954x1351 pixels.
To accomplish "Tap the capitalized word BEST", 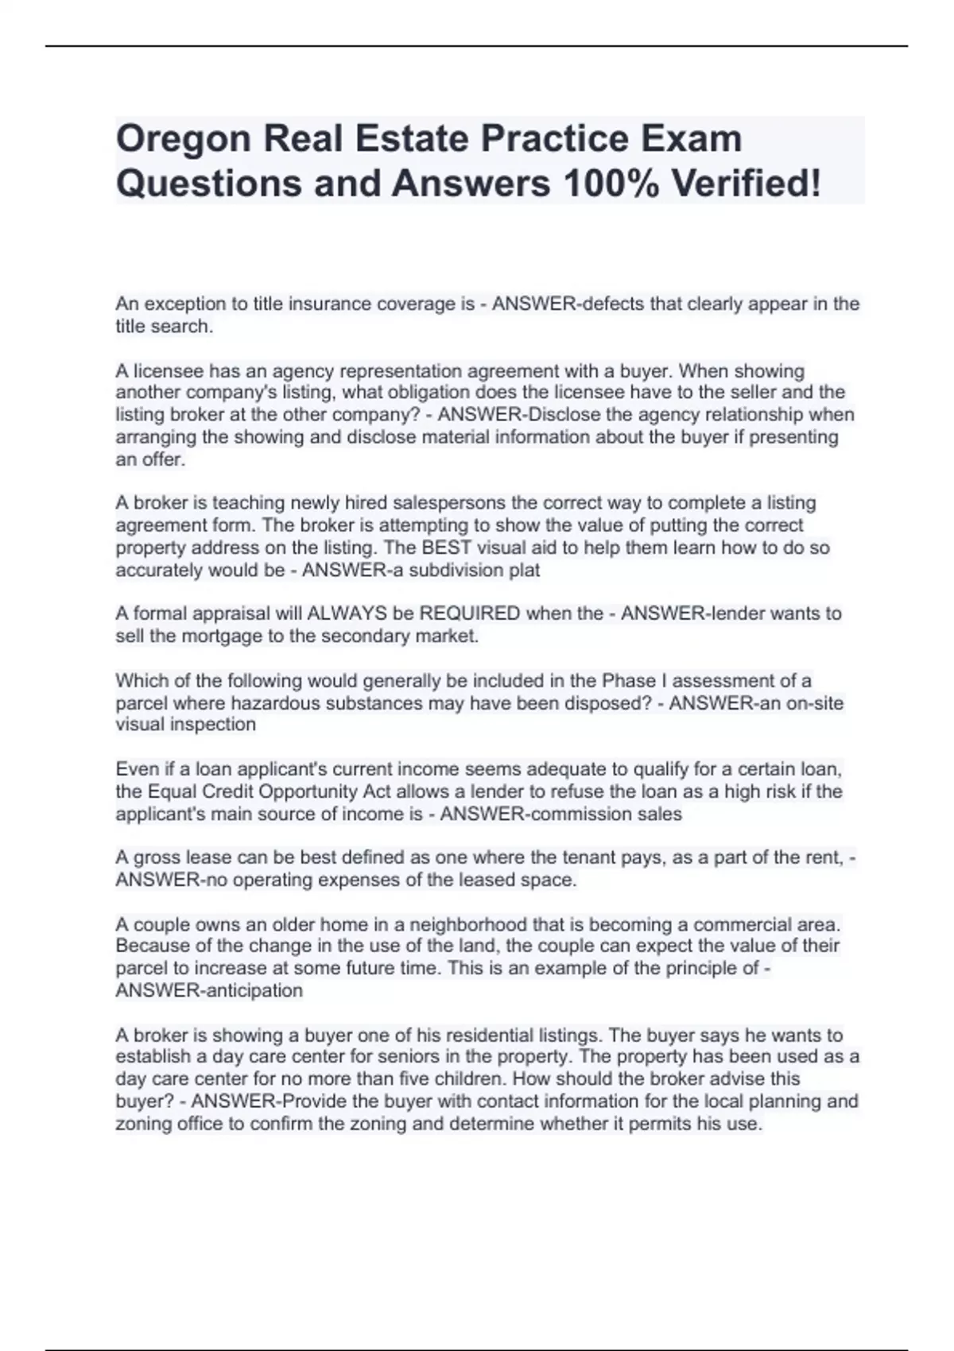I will [x=450, y=548].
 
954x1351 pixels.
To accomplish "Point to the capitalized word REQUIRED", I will [x=470, y=614].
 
